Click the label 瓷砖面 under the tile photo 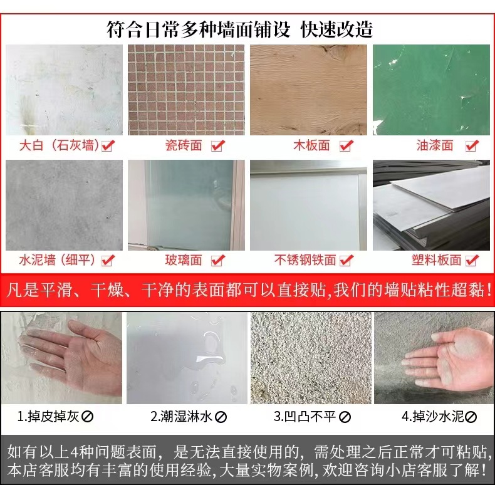point(184,145)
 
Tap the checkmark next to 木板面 point(346,145)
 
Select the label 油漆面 point(434,145)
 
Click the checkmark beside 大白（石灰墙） point(108,145)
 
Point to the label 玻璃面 point(184,260)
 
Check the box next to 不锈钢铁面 point(346,261)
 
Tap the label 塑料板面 point(436,260)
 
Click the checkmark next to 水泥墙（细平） point(108,261)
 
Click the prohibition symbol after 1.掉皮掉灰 point(87,417)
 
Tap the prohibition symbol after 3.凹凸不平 point(345,417)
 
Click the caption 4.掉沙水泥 point(432,417)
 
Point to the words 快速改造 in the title point(336,29)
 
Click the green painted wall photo point(431,90)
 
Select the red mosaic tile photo point(186,90)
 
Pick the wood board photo point(308,90)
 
